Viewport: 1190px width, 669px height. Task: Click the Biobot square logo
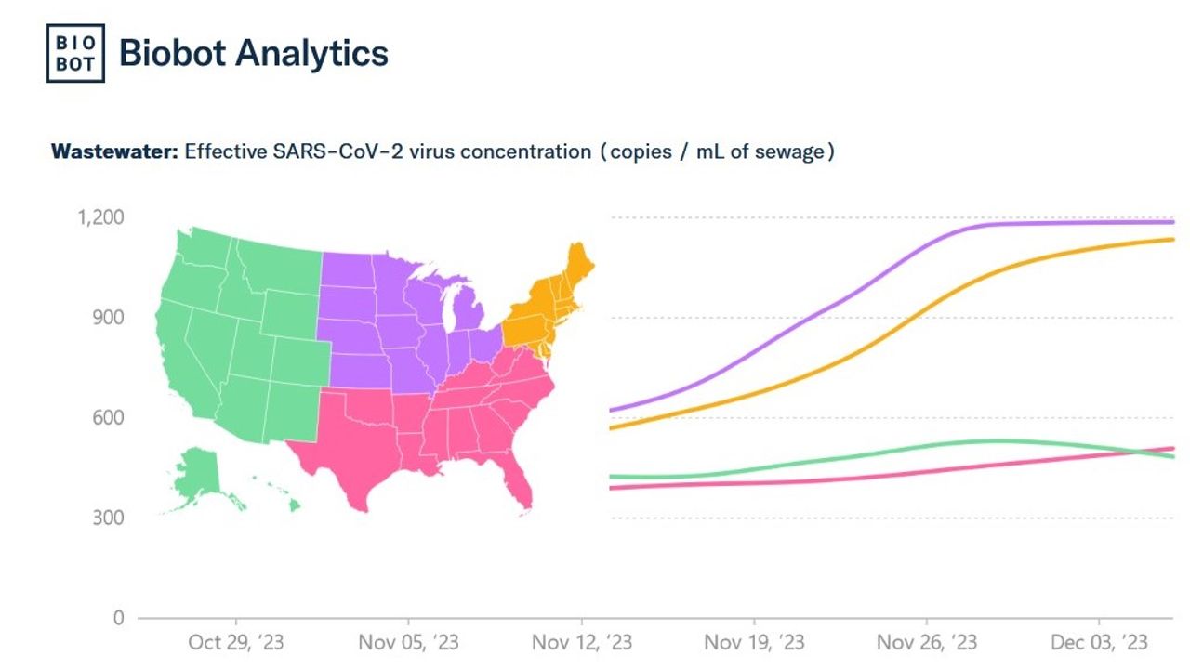(75, 53)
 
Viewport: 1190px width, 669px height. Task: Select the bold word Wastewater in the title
(113, 151)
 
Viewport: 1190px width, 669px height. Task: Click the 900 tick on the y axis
(108, 318)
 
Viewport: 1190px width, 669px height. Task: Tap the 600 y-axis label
(108, 417)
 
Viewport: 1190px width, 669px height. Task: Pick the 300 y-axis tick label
(108, 518)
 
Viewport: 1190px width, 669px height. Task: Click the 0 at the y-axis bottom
(117, 618)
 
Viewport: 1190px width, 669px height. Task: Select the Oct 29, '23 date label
(235, 642)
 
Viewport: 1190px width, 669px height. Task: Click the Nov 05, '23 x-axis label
(408, 642)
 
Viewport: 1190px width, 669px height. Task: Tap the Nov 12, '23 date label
(581, 642)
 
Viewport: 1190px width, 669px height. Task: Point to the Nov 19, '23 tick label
(754, 642)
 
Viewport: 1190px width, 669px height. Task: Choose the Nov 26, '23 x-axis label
(927, 642)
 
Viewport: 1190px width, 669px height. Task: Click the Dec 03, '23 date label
(1100, 642)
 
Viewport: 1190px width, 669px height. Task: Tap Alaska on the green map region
(197, 472)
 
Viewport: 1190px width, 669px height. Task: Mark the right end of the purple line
(1173, 222)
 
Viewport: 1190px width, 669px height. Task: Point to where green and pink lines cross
(1145, 453)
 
